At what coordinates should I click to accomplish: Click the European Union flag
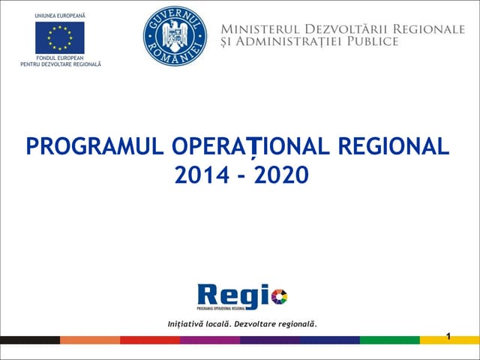tap(59, 38)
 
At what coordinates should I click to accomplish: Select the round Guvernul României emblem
tap(175, 36)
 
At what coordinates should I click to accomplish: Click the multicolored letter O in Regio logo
tap(278, 297)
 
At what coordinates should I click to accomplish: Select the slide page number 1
tap(448, 335)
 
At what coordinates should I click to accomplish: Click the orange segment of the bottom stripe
tap(89, 340)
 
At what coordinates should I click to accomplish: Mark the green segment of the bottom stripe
tap(389, 340)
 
